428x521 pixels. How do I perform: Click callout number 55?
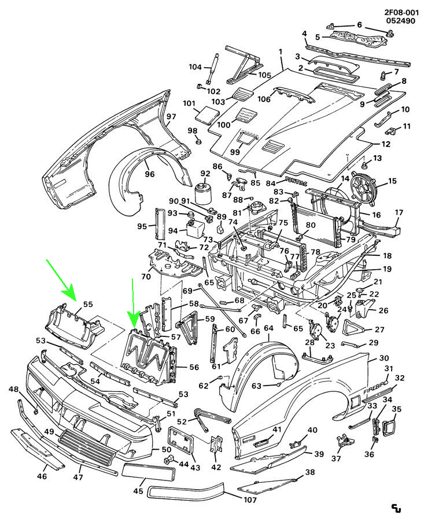pyautogui.click(x=88, y=304)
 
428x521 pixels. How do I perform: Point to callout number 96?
pyautogui.click(x=149, y=174)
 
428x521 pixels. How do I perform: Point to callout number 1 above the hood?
pyautogui.click(x=281, y=52)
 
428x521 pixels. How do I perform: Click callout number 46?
pyautogui.click(x=41, y=476)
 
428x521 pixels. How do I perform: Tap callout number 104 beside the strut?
pyautogui.click(x=195, y=67)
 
